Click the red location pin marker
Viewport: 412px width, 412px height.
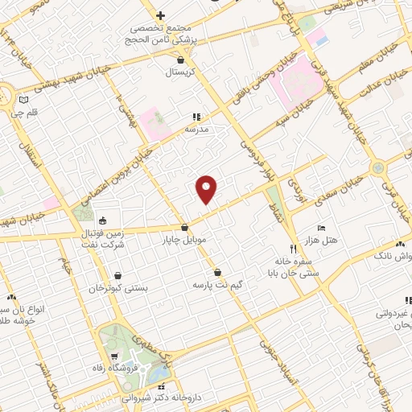(x=207, y=189)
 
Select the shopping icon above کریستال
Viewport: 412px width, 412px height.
(x=180, y=60)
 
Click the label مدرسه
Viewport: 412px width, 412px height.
(x=197, y=129)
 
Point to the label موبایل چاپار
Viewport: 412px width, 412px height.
(x=186, y=240)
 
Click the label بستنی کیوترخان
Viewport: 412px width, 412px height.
(x=119, y=288)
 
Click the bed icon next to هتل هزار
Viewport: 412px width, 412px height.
(x=321, y=229)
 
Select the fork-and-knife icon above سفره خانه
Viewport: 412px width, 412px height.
(x=293, y=249)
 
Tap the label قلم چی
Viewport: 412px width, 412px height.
(x=18, y=113)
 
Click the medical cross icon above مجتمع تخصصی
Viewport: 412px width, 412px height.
(x=160, y=15)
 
